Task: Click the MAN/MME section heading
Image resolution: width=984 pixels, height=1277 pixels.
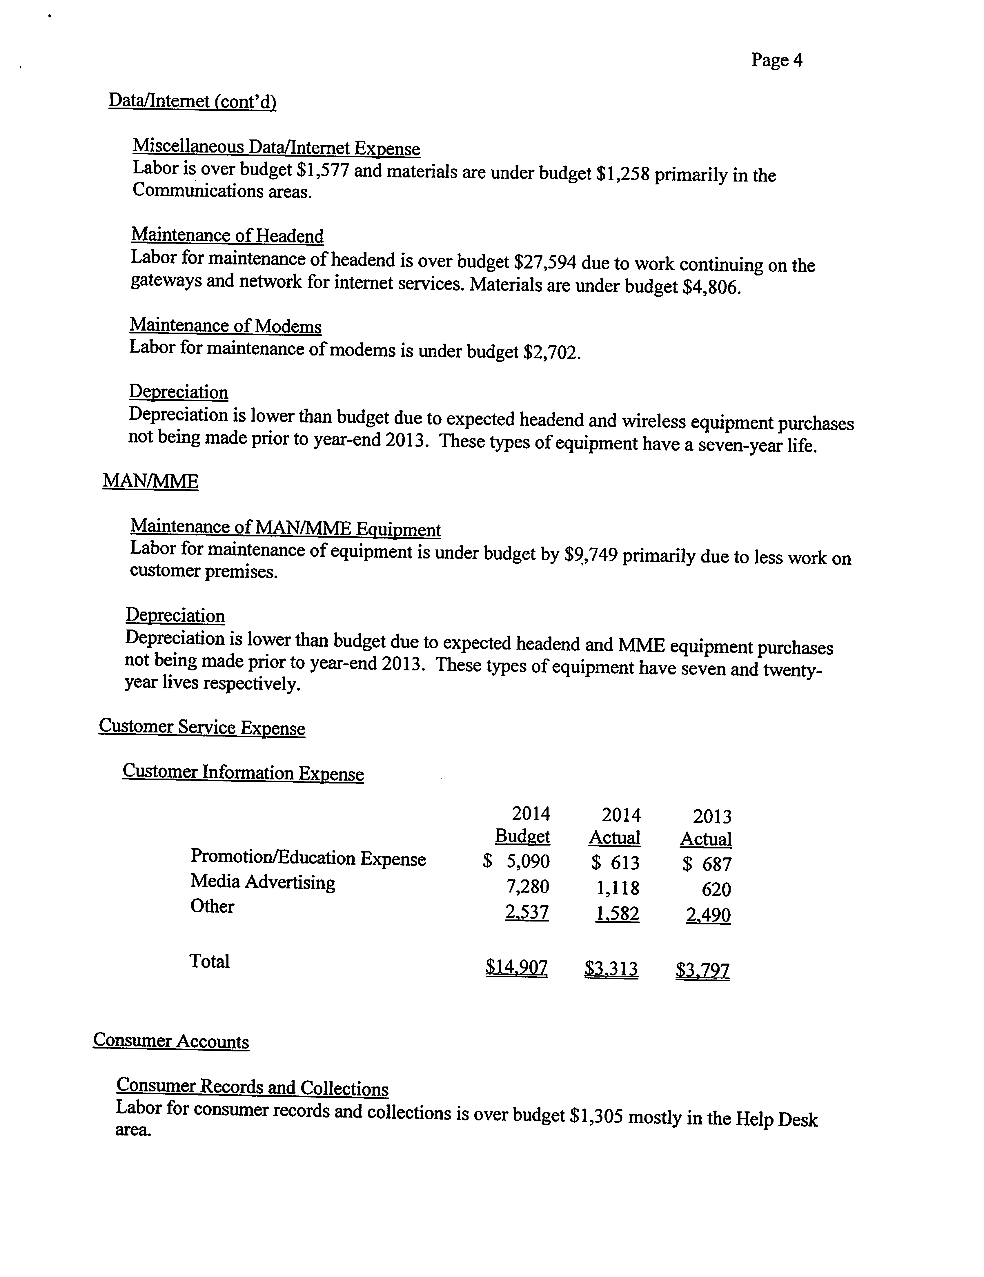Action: point(150,481)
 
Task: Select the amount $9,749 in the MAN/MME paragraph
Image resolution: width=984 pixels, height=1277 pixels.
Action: point(591,554)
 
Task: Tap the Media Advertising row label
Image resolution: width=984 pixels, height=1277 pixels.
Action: point(262,882)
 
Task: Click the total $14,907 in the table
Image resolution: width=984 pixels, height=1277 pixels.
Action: point(516,968)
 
